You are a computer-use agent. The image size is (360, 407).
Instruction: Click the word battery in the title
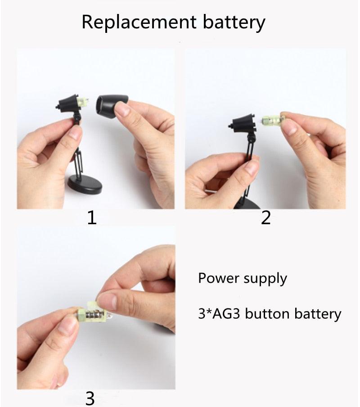[x=234, y=23]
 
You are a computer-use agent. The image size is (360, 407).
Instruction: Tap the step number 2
[x=266, y=217]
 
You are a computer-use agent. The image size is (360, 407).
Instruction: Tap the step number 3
[x=90, y=398]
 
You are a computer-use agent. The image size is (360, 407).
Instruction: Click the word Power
[x=219, y=278]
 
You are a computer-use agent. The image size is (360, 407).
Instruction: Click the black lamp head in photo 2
[x=243, y=124]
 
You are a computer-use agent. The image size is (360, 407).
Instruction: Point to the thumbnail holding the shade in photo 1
[x=122, y=109]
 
